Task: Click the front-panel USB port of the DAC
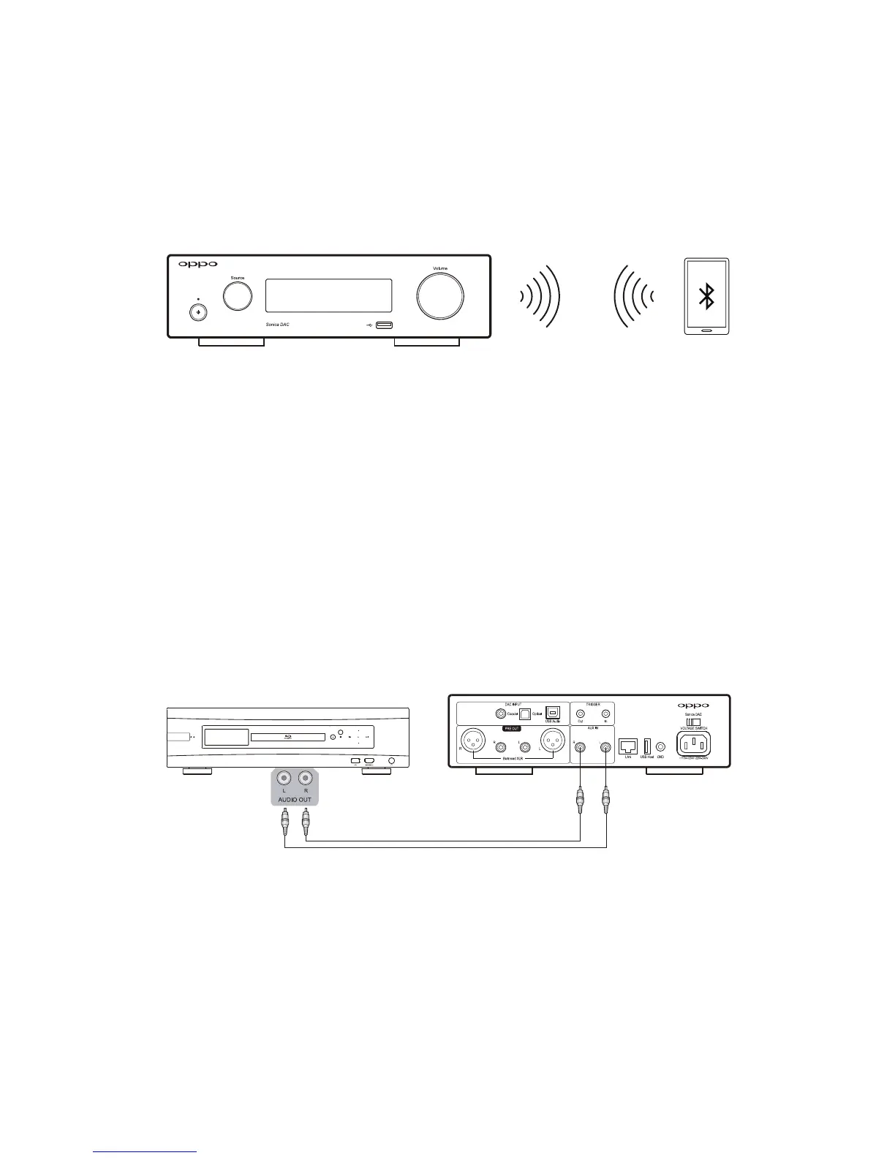(x=385, y=325)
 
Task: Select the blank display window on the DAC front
(x=328, y=295)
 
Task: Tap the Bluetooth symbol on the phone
(x=706, y=296)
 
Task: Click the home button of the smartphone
(x=706, y=330)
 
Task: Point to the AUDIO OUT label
(x=295, y=800)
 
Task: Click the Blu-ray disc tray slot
(x=287, y=737)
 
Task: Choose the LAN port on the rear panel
(x=627, y=746)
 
